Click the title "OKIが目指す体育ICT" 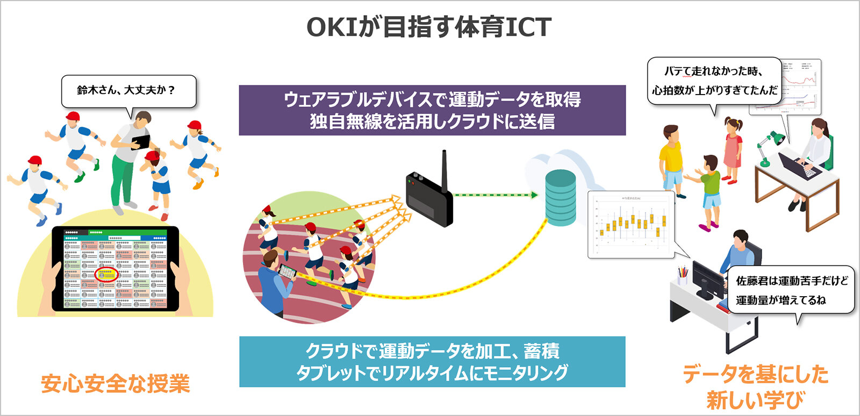429,27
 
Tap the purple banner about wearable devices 432,110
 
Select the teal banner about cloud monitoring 432,362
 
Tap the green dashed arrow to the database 494,195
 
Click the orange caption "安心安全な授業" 115,384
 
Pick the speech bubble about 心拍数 714,81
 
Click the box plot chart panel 630,224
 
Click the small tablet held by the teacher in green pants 141,142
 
